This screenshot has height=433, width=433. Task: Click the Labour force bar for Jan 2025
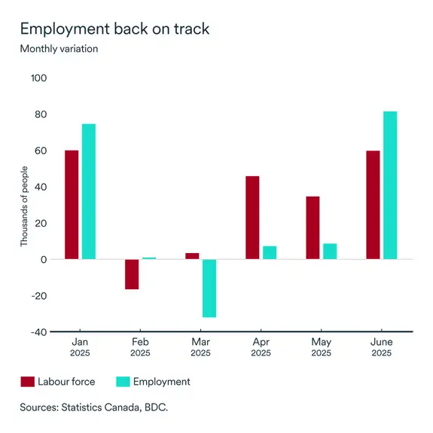(72, 205)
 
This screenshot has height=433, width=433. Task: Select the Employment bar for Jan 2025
(89, 191)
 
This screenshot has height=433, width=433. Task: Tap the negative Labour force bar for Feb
(132, 274)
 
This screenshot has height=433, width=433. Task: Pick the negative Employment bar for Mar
(209, 288)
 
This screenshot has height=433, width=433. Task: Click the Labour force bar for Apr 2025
(252, 218)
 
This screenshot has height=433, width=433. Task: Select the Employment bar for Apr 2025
(270, 252)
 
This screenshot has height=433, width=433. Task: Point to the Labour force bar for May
(313, 227)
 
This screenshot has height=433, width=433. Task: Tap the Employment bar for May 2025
(330, 252)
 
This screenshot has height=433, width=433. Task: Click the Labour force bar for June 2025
(373, 205)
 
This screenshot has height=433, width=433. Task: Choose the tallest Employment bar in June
(390, 185)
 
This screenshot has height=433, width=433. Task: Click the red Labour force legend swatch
(28, 382)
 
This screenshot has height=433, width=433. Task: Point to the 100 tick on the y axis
(38, 78)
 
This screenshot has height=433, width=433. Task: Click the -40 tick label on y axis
(38, 332)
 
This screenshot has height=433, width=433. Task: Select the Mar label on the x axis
(200, 340)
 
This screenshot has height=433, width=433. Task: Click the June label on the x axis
(381, 340)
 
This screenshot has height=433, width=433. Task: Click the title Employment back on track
(114, 29)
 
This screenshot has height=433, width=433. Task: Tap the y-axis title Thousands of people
(23, 205)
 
